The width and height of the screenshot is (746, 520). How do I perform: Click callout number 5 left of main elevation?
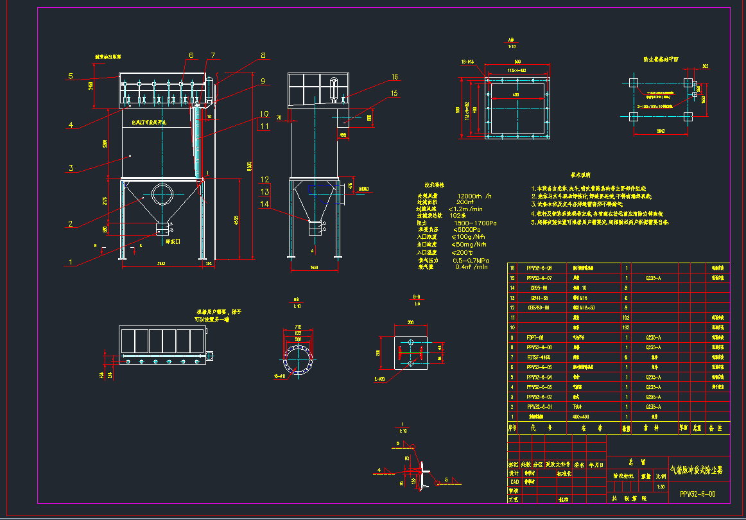71,76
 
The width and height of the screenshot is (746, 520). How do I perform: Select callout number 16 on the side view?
394,77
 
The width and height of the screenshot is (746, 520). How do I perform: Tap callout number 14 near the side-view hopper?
265,204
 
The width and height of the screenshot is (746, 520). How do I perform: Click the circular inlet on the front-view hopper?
162,193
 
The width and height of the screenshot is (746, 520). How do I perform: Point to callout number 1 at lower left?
72,263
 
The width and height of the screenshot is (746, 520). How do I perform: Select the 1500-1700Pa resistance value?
475,223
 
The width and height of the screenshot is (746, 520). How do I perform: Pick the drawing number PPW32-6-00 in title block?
697,494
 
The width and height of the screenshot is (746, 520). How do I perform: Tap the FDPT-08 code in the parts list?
535,337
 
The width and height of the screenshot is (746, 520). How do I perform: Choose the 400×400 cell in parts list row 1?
580,417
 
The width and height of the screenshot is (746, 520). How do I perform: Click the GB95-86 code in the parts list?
538,288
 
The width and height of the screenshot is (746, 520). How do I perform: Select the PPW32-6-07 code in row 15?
538,278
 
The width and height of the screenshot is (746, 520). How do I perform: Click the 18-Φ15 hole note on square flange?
467,62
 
